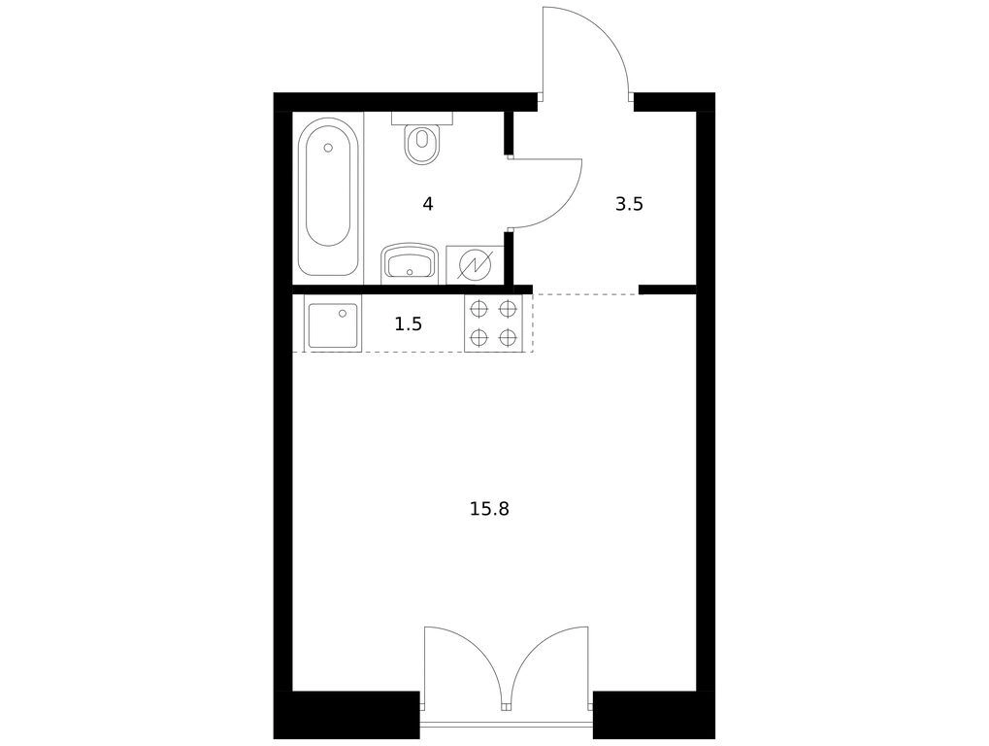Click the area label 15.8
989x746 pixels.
pos(489,509)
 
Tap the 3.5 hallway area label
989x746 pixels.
pos(629,204)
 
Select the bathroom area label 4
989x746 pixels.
pos(428,204)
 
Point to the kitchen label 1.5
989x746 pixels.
pos(408,324)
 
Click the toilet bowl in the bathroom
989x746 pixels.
pos(422,145)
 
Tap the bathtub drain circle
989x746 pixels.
pos(327,148)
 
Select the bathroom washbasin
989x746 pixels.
pos(410,262)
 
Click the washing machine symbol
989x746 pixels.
pos(475,264)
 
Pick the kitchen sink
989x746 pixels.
pos(333,323)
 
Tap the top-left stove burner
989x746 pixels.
pos(479,309)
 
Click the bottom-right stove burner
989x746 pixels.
pos(508,338)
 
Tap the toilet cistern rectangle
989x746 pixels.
pos(422,119)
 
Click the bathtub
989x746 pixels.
pos(327,197)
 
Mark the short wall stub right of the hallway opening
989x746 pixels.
pos(668,289)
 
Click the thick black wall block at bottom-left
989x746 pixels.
pos(346,715)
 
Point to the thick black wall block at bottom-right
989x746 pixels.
pos(654,715)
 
